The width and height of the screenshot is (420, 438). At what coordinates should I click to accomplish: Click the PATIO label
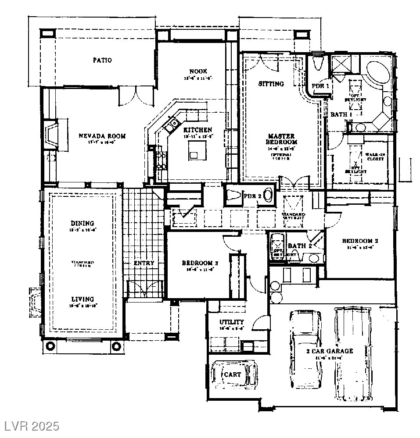102,60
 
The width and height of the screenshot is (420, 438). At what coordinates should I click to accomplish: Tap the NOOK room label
198,71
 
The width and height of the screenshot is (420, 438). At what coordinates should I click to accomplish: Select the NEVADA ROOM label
102,136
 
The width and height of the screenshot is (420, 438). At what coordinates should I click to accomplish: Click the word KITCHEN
198,130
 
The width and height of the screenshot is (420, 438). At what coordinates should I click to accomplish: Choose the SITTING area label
271,84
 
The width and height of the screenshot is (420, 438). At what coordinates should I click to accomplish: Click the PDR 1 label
320,86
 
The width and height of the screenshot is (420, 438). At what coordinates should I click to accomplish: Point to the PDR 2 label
252,196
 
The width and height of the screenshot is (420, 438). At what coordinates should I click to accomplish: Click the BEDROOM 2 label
360,241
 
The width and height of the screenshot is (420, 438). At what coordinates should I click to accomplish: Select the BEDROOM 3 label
200,263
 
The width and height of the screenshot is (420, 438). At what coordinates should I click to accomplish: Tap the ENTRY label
144,263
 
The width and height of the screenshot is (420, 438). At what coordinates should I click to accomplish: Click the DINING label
82,224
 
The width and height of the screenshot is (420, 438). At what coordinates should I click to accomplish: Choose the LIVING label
82,299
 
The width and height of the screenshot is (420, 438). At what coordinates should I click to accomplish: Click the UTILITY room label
232,322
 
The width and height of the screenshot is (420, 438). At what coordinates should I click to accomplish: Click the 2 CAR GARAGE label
329,351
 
